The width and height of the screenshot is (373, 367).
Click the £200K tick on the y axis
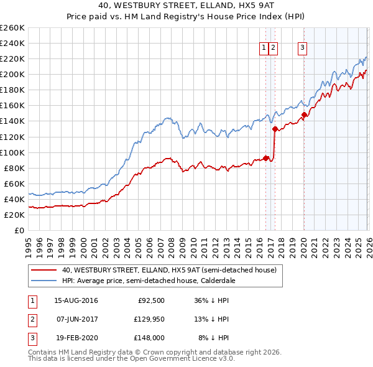point(12,74)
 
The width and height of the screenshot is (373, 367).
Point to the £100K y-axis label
point(12,152)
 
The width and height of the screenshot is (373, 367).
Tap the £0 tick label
point(18,230)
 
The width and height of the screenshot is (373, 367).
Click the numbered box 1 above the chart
point(264,47)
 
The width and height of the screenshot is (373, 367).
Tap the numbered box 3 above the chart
point(302,47)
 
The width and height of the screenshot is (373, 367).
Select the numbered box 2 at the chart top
point(274,47)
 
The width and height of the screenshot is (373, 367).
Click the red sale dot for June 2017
point(275,129)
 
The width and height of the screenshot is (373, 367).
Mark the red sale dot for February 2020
point(305,115)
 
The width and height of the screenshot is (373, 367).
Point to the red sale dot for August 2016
point(265,158)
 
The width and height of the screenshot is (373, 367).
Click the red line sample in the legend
point(45,270)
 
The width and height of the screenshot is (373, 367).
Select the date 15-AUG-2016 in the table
point(76,300)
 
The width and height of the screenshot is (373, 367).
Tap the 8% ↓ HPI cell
point(214,338)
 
